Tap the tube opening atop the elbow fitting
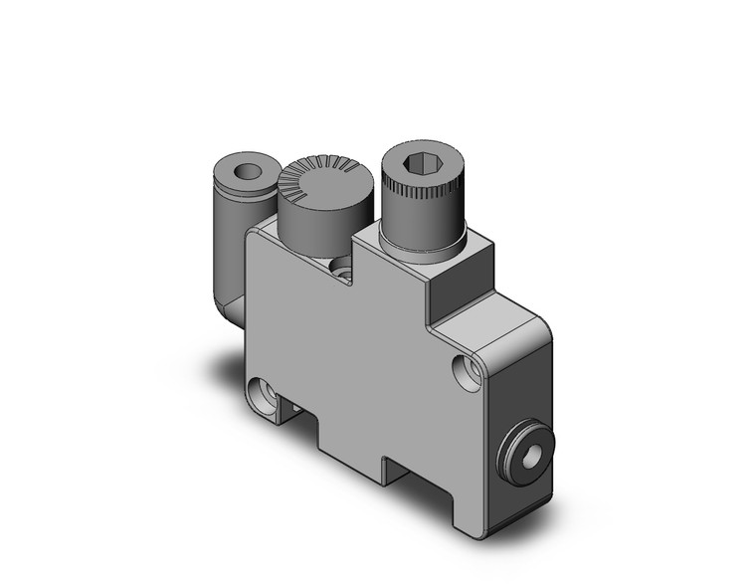pos(241,172)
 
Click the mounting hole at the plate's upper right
pos(465,371)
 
